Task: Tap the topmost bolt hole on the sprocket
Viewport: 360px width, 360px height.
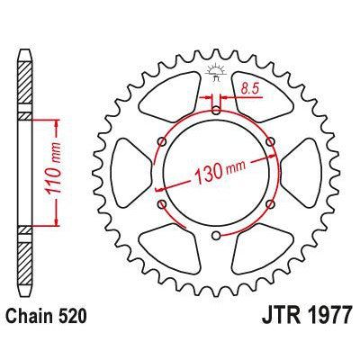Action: click(216, 111)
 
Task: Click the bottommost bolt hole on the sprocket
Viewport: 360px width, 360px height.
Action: click(216, 237)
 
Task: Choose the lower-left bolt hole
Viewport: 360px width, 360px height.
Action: click(162, 206)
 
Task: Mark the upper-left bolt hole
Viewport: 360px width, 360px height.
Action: click(162, 141)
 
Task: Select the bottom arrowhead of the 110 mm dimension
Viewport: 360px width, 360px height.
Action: click(57, 220)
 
